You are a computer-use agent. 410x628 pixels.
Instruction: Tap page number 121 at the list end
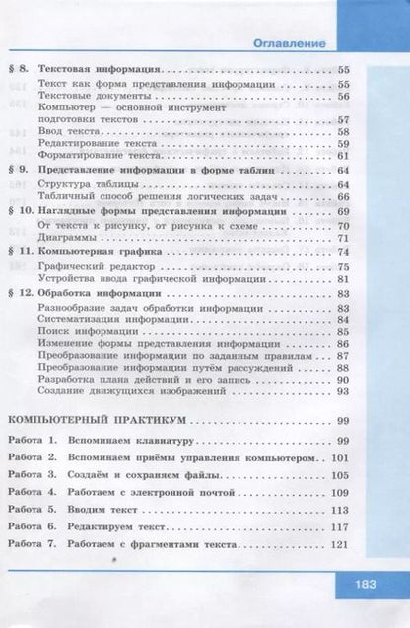pyautogui.click(x=341, y=545)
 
